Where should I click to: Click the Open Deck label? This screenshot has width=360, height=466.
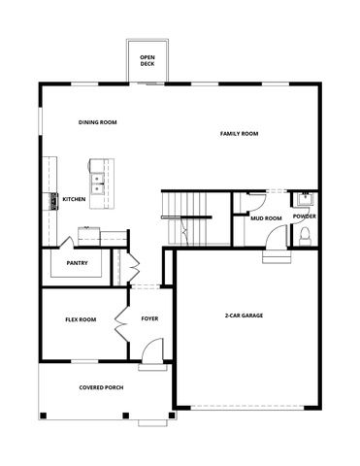[147, 61]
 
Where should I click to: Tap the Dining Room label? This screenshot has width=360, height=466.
[97, 122]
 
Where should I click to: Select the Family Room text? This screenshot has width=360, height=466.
[239, 133]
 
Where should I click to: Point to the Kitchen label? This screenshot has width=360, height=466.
[74, 200]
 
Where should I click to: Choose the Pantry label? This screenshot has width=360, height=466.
[78, 263]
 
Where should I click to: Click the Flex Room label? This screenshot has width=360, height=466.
[80, 319]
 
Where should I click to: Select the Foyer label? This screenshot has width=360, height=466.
[149, 318]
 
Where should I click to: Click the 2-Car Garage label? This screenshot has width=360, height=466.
[244, 316]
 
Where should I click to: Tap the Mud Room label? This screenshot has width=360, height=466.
[265, 218]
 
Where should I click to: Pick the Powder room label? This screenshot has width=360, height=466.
[304, 216]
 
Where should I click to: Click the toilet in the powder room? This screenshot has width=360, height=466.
[305, 236]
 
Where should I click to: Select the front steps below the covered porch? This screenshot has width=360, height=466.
[152, 423]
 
